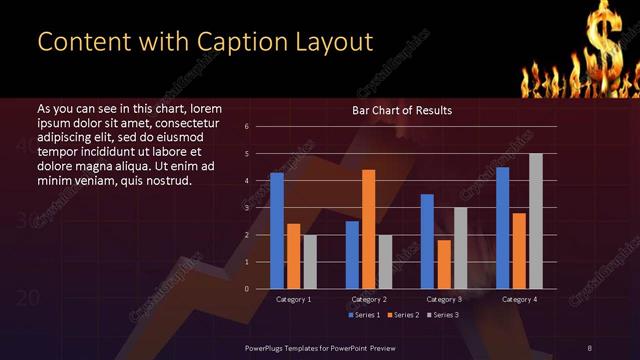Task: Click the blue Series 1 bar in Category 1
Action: coord(277,230)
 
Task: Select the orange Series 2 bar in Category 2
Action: coord(369,229)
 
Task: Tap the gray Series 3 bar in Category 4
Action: coord(536,221)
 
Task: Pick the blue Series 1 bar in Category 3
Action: coord(427,241)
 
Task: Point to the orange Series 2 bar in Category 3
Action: coord(444,264)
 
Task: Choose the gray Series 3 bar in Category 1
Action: coord(310,262)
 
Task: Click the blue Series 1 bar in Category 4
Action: coord(502,227)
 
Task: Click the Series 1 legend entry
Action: coord(363,316)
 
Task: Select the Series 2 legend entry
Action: coord(405,316)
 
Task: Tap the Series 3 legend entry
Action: coord(445,316)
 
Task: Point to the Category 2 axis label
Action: coord(369,299)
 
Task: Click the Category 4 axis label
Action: coord(519,299)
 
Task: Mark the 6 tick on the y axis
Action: coord(247,127)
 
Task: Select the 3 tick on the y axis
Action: coord(247,208)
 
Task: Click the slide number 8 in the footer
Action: coord(590,347)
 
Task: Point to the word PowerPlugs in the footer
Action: coord(269,347)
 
